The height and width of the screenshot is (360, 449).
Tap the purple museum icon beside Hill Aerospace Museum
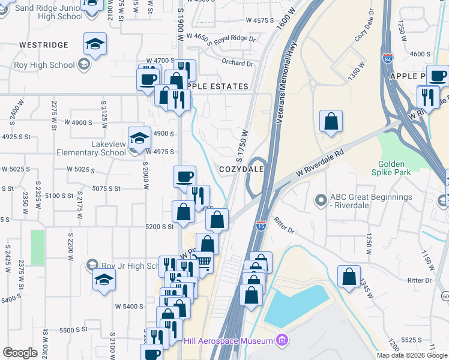[282, 341]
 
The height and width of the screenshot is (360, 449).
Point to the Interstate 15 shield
[261, 226]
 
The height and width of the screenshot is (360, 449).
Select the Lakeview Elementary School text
[91, 148]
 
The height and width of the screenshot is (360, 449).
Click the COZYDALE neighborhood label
[242, 170]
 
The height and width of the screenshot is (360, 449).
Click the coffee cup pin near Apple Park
[438, 76]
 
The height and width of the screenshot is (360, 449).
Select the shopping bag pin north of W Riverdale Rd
[331, 121]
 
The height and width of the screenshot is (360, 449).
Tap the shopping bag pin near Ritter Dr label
[349, 278]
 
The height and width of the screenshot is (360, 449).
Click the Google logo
[19, 353]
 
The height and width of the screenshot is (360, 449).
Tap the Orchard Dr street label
[238, 63]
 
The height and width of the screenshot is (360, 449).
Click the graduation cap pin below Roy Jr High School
[104, 280]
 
